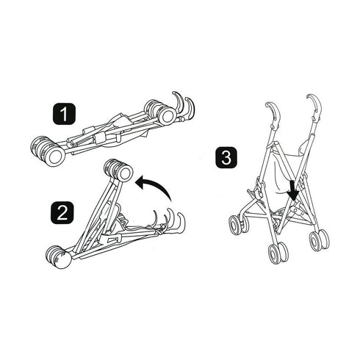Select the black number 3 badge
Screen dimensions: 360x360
click(x=226, y=157)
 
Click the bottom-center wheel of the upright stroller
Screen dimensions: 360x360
click(x=278, y=252)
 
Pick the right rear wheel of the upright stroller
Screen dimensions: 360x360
click(x=320, y=239)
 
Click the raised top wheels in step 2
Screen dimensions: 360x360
click(x=118, y=170)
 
